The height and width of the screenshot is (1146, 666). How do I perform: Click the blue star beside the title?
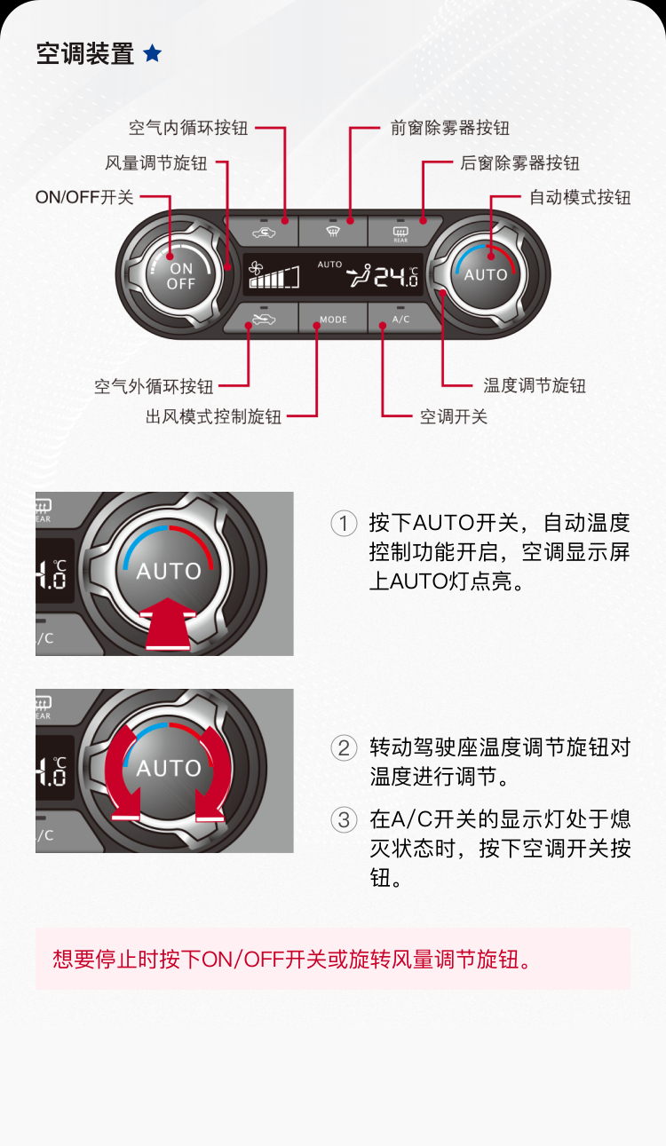tap(153, 53)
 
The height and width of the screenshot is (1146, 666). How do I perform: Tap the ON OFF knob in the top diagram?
tap(180, 275)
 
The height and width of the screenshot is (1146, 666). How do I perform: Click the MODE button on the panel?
tap(333, 317)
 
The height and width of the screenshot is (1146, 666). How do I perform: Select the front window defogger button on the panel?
tap(333, 232)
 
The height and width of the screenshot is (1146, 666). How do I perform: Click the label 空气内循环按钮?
tap(188, 128)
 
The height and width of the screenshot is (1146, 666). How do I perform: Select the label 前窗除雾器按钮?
tap(450, 128)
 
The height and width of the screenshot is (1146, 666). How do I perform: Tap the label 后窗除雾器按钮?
tap(519, 163)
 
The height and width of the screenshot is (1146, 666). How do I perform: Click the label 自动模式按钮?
tap(580, 197)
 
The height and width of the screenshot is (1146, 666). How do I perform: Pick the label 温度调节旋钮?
tap(535, 386)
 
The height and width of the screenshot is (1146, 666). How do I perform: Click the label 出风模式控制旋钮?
tap(213, 416)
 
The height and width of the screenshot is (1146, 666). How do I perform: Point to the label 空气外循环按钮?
tap(154, 386)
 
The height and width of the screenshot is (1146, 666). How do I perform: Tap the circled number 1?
tap(344, 524)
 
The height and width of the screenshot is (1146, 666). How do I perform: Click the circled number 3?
tap(344, 819)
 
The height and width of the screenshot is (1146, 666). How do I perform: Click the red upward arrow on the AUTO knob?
tap(168, 624)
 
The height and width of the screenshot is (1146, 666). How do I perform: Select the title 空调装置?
tap(85, 54)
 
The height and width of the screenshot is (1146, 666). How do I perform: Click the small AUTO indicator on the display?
tap(329, 265)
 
